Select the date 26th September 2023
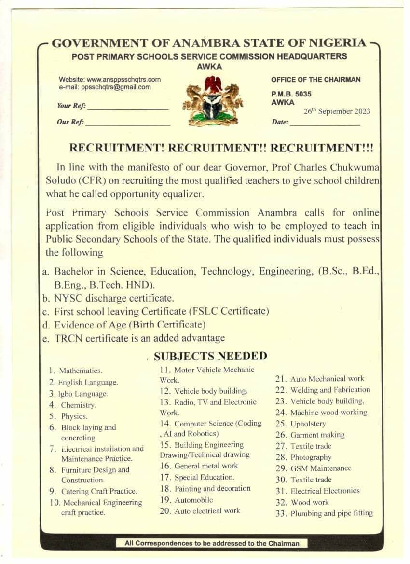(337, 111)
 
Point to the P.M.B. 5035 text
(291, 95)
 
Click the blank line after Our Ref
(127, 123)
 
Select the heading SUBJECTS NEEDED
(210, 356)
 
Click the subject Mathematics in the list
(81, 371)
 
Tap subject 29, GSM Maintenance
(321, 468)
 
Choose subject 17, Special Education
(204, 477)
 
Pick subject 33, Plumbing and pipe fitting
(331, 513)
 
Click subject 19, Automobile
(193, 500)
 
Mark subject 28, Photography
(311, 457)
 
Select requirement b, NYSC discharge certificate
(114, 298)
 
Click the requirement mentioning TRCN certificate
(139, 338)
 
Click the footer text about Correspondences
(212, 543)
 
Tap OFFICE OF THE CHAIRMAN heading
(315, 80)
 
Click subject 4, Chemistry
(78, 405)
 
